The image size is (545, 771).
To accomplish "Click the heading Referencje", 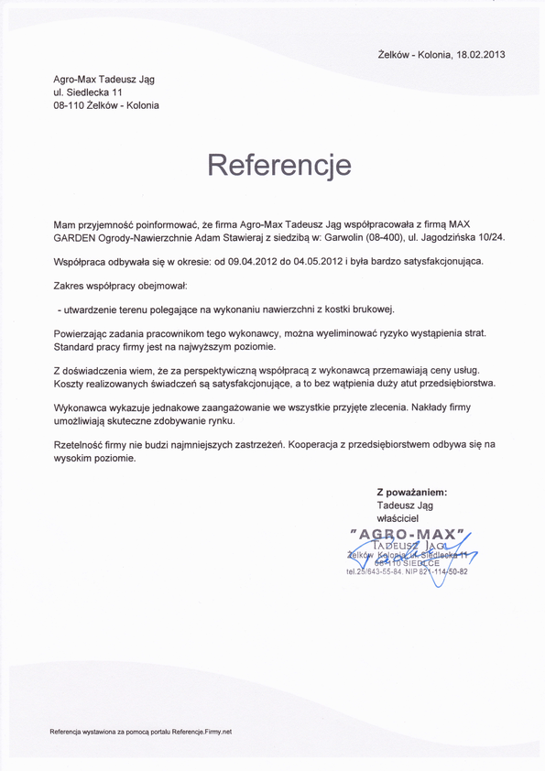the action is [279, 165].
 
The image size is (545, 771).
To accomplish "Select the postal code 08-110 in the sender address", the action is [70, 106].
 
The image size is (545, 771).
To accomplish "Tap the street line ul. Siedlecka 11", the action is [88, 93].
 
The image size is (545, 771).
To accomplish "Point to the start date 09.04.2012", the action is [251, 261].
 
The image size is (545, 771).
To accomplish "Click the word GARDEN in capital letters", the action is [75, 237].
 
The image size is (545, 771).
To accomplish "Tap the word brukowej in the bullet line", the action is [371, 309].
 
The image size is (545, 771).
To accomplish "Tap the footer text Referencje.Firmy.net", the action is [197, 732].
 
